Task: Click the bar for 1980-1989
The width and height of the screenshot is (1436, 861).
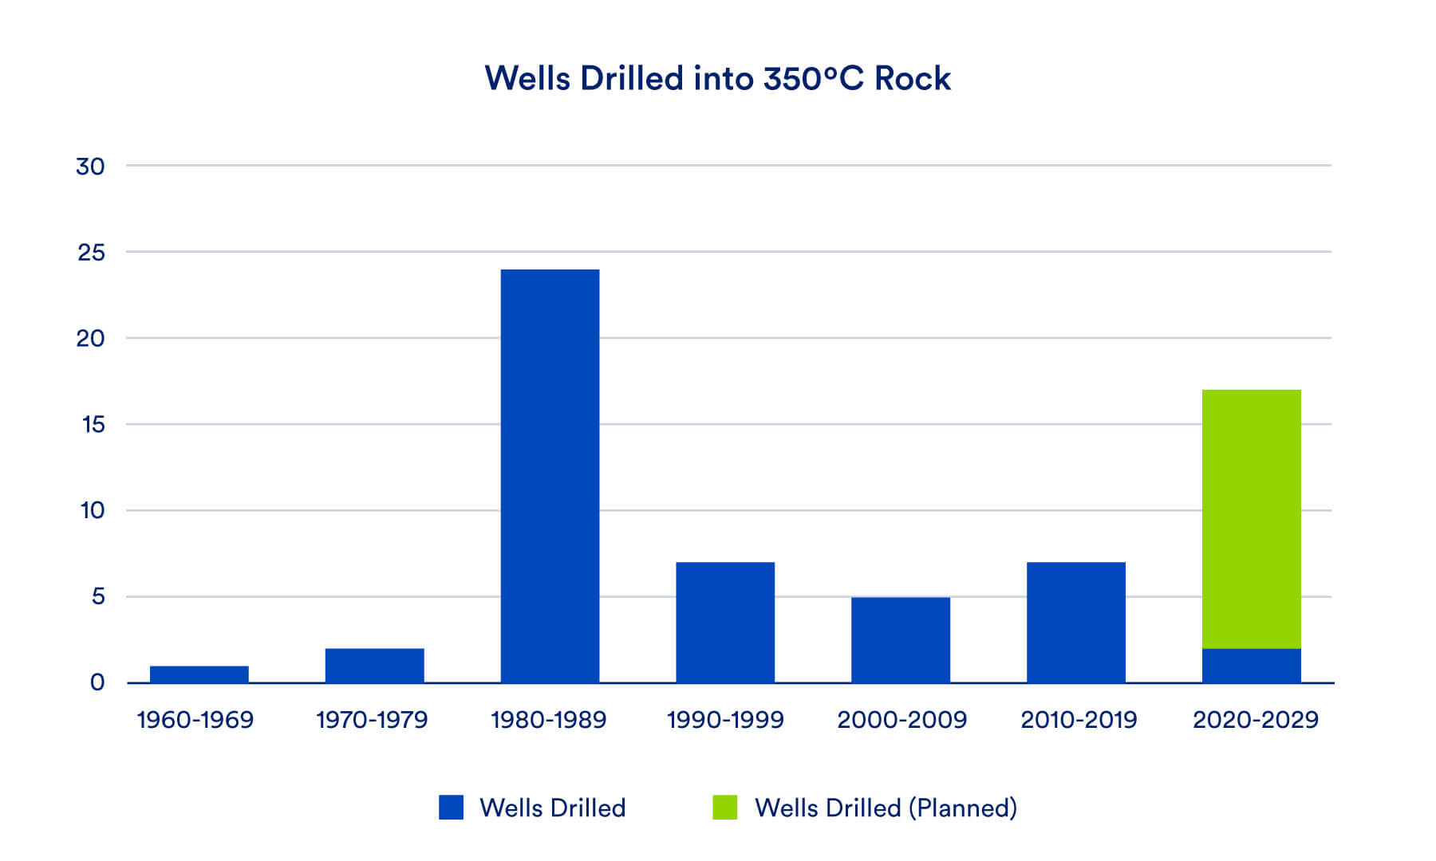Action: click(x=550, y=476)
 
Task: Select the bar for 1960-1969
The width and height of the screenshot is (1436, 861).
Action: click(x=199, y=674)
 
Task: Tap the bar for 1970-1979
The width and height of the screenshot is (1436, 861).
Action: click(x=374, y=666)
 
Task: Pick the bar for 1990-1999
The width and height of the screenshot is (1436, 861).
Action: click(x=725, y=623)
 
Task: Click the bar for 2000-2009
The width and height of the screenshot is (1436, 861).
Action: click(x=901, y=640)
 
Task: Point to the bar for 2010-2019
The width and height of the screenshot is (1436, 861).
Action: click(x=1076, y=623)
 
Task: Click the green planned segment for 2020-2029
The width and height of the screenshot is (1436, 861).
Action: click(x=1251, y=519)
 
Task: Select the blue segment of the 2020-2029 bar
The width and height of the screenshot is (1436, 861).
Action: click(x=1251, y=666)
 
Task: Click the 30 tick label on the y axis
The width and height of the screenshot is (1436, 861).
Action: click(x=90, y=167)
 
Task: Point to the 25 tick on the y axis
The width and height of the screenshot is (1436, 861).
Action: click(x=91, y=253)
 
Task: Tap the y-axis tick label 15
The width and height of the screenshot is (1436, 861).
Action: click(x=93, y=425)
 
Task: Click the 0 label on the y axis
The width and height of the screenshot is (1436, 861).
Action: click(x=97, y=682)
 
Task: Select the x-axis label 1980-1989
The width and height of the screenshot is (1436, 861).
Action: click(x=549, y=720)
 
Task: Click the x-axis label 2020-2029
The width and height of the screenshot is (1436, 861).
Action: click(x=1255, y=720)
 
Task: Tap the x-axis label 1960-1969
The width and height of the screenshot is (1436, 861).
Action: click(x=195, y=720)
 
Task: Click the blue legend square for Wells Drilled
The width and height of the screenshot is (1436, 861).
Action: click(x=451, y=808)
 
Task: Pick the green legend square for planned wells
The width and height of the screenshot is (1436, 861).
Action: click(x=724, y=808)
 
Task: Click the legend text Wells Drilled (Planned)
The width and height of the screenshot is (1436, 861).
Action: click(x=886, y=808)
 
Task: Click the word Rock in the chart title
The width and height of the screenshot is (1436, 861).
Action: click(x=912, y=78)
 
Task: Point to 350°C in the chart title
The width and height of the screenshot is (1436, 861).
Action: click(x=813, y=78)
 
